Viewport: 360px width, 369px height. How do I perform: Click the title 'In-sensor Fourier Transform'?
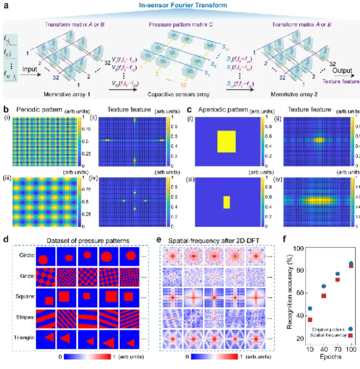179,7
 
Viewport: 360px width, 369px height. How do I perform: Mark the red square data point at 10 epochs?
310,319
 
